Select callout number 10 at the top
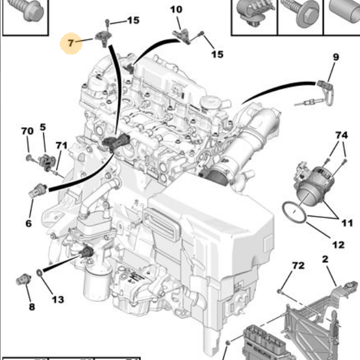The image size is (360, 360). pyautogui.click(x=176, y=9)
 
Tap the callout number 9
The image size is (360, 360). pyautogui.click(x=336, y=57)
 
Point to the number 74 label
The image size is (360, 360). pyautogui.click(x=340, y=135)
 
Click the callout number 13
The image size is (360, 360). pyautogui.click(x=57, y=300)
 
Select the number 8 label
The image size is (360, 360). pyautogui.click(x=31, y=307)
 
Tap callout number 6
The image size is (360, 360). pyautogui.click(x=28, y=223)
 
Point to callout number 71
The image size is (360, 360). pyautogui.click(x=62, y=146)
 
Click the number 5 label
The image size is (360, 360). pyautogui.click(x=43, y=127)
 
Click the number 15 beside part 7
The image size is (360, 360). pyautogui.click(x=133, y=20)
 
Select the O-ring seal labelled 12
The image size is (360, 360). pyautogui.click(x=294, y=212)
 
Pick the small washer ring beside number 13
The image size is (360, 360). pyautogui.click(x=39, y=272)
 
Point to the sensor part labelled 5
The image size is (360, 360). pyautogui.click(x=46, y=159)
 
